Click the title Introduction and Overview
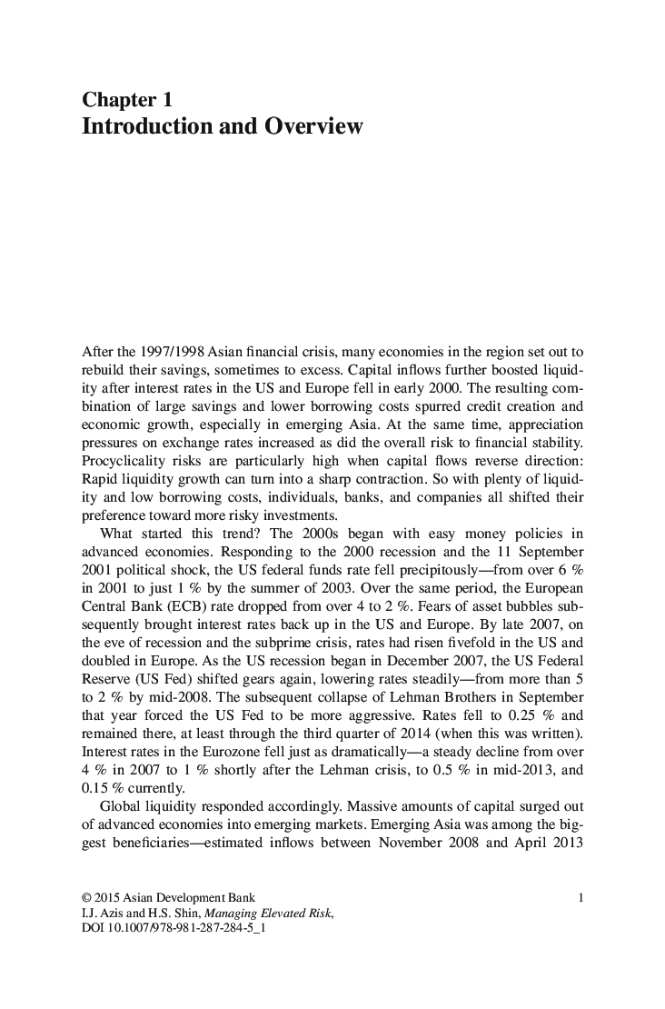click(x=222, y=125)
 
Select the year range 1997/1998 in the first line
click(x=170, y=351)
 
